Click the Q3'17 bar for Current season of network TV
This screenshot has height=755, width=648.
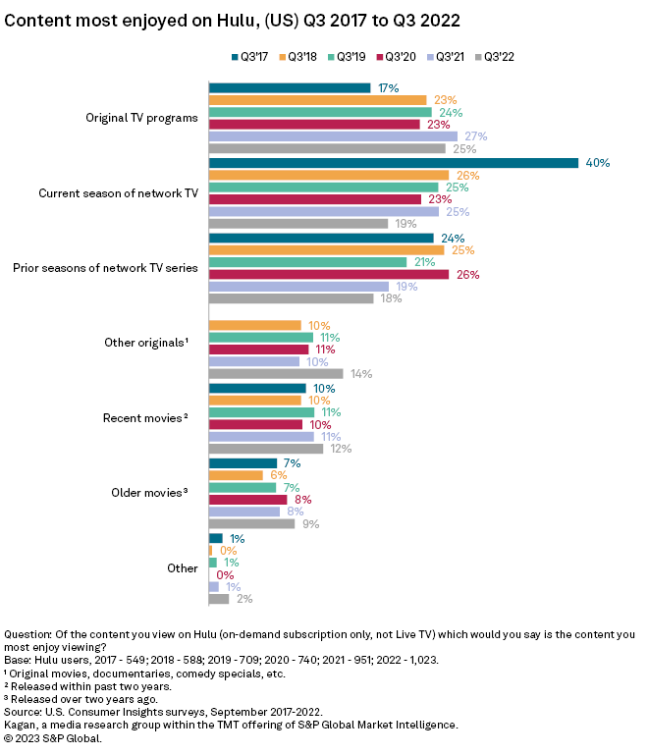393,163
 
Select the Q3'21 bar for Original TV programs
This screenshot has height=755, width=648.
333,136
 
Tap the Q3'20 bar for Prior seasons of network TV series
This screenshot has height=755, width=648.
329,275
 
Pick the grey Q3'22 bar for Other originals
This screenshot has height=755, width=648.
276,374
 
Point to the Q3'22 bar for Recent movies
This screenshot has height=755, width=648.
266,449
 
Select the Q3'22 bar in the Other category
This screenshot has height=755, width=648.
219,599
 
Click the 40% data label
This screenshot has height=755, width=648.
598,163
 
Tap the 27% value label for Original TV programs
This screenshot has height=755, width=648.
476,136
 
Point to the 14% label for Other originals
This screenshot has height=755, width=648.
361,374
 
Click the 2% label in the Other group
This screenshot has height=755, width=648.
244,599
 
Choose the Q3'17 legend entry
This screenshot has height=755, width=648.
252,57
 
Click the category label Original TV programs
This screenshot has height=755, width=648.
142,118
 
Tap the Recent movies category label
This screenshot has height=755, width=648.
144,418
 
